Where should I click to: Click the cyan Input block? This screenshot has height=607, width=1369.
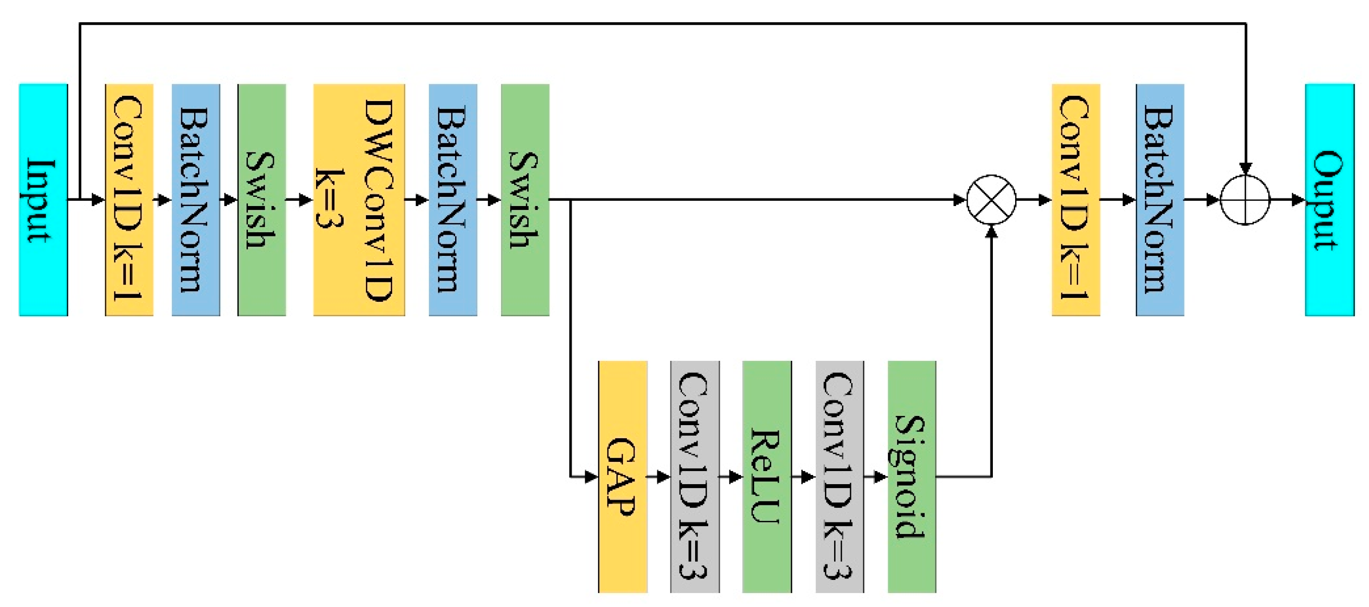[43, 200]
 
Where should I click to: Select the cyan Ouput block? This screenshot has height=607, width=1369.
[1329, 200]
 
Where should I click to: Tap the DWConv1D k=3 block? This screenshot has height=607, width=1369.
[359, 200]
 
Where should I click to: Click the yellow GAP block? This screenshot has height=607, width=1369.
[623, 476]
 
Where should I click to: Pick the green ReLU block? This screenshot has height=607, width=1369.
[766, 476]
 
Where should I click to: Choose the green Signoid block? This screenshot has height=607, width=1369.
[912, 476]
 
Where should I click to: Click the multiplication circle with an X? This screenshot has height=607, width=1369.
[991, 200]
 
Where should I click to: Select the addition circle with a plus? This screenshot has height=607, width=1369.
[1245, 200]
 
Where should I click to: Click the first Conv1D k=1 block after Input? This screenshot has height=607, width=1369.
[129, 200]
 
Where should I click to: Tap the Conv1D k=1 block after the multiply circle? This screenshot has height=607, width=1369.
[1076, 200]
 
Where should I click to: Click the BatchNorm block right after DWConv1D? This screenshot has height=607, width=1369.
[453, 200]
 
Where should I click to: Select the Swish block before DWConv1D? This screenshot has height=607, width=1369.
[261, 200]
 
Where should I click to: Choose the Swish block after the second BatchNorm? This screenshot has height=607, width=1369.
[525, 200]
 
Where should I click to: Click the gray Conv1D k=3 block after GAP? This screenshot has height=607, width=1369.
[695, 476]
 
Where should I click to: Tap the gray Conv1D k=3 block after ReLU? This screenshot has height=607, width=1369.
[839, 476]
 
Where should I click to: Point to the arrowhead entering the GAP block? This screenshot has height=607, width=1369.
[592, 476]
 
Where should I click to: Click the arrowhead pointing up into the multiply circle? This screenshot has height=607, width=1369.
[991, 232]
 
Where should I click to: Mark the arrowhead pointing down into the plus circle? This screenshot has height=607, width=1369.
[1245, 168]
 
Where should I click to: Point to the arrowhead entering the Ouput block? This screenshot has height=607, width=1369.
[1298, 200]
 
